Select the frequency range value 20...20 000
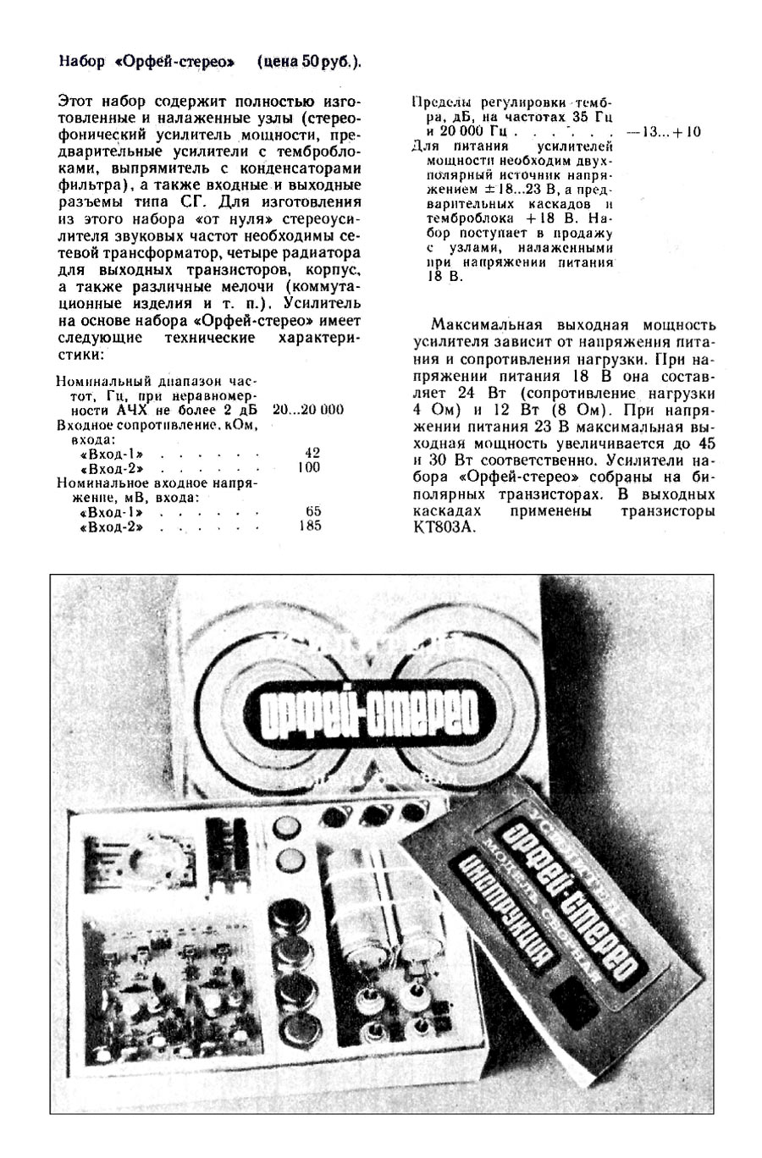pyautogui.click(x=308, y=410)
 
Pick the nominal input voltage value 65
pyautogui.click(x=312, y=511)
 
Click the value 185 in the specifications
pyautogui.click(x=310, y=527)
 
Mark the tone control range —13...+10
pyautogui.click(x=664, y=133)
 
